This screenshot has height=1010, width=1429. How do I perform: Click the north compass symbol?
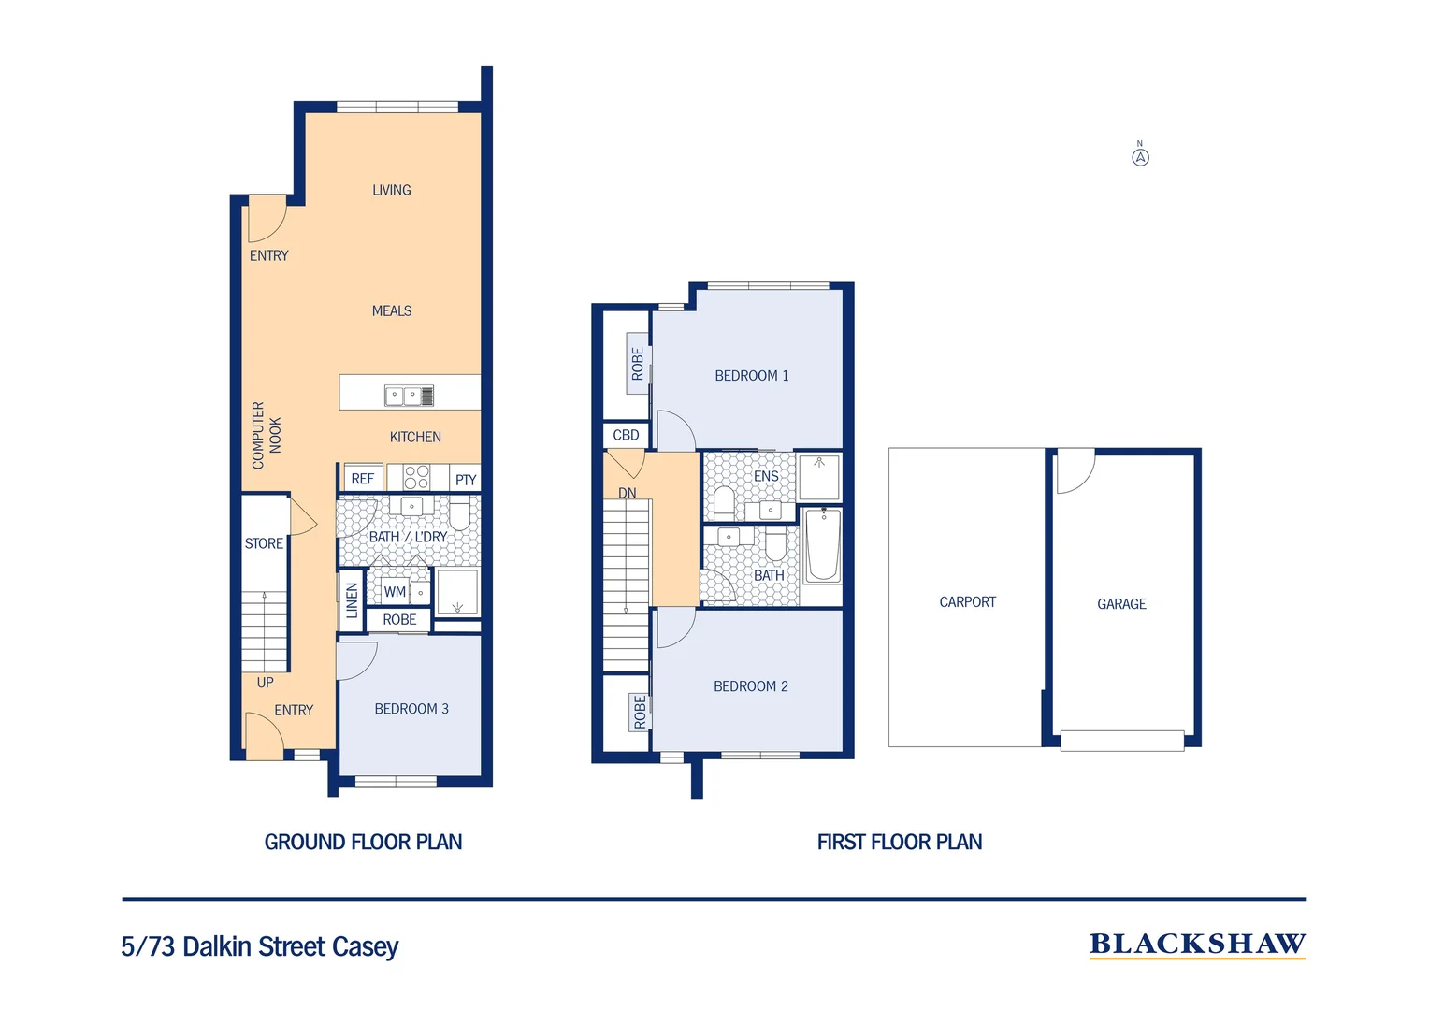(1140, 156)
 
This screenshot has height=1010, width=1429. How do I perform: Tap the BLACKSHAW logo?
(1197, 945)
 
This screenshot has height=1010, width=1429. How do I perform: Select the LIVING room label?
(391, 190)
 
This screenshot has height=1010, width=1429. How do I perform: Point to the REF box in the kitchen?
(363, 479)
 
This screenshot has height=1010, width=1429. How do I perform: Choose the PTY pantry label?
(465, 480)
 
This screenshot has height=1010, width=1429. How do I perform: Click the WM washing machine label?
(395, 592)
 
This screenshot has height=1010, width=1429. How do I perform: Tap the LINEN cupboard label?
(353, 600)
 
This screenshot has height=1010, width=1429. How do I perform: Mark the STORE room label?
(264, 543)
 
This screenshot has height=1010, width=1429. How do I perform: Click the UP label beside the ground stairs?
(266, 683)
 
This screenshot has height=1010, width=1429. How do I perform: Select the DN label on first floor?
(627, 493)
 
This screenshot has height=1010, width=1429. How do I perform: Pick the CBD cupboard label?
(626, 435)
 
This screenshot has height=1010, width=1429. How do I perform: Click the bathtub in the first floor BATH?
(822, 545)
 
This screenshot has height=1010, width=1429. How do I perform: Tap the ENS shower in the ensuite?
(819, 476)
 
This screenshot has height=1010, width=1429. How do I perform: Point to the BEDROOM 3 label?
(411, 709)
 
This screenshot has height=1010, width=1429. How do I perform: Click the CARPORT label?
(967, 602)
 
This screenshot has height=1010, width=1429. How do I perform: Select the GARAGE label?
(1121, 604)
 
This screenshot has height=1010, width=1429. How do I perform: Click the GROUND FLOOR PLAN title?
(363, 842)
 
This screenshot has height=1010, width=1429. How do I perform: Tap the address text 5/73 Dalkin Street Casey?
(260, 946)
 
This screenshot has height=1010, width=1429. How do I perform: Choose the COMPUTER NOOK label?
(266, 435)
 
